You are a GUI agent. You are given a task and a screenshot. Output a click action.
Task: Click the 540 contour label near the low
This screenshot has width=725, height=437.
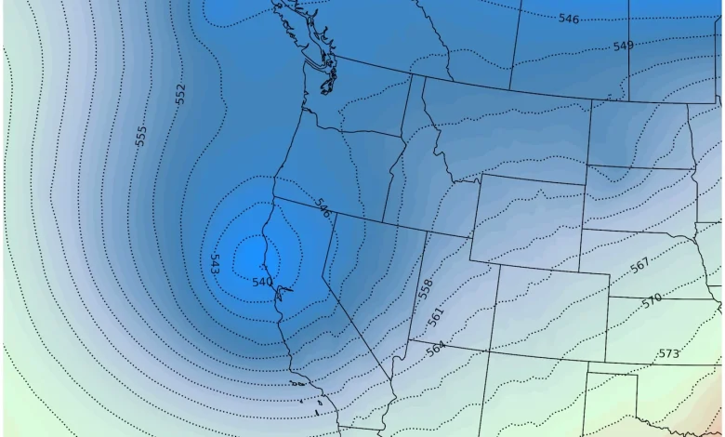262,282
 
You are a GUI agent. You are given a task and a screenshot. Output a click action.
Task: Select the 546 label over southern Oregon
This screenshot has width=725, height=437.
323,207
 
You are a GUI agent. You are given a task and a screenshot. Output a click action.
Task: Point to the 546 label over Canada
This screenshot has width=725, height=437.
569,19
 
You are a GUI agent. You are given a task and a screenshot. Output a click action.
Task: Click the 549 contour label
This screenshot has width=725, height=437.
623,46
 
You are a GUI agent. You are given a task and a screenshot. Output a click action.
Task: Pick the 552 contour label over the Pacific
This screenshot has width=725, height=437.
180,94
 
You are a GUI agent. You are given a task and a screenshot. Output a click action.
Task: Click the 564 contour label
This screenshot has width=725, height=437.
435,349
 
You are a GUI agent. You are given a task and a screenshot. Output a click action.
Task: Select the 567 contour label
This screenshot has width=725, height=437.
639,265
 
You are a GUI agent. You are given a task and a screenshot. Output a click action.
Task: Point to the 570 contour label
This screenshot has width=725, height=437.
652,299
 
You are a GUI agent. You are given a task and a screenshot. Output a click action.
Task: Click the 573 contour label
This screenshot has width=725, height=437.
667,353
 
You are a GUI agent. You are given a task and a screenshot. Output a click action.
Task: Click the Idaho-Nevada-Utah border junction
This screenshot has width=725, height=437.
425,232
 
